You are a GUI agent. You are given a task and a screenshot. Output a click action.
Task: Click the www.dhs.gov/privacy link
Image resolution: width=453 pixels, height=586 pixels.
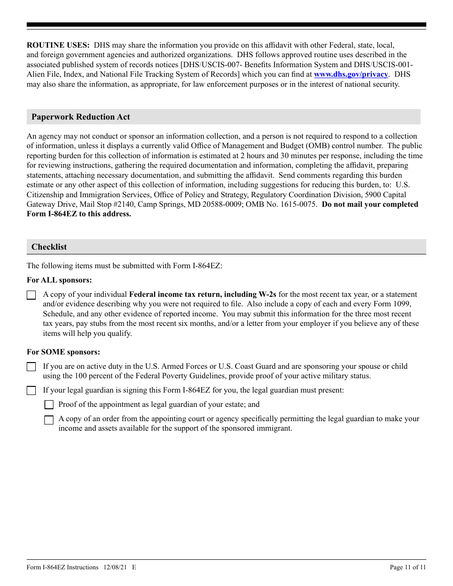coord(350,74)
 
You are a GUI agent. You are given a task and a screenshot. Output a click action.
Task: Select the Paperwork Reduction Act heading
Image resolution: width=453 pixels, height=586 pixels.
coord(81,117)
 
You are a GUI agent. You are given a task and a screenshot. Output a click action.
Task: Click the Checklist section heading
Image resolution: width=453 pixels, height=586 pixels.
coord(49,247)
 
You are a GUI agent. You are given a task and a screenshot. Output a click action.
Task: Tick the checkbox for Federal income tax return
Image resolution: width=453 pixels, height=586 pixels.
coord(31,295)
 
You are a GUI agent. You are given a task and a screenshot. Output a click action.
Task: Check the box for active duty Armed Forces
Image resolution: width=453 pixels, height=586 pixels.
coord(31,367)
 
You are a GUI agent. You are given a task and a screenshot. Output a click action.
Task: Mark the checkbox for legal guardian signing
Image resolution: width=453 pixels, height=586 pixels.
coord(31,391)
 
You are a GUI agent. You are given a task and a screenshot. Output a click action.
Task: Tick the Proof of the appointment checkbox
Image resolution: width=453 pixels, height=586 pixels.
coord(49,405)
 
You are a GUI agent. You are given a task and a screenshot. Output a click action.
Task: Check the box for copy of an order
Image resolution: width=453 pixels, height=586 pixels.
coord(49,420)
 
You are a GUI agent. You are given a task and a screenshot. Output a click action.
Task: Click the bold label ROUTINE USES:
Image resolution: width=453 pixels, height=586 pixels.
coord(58,45)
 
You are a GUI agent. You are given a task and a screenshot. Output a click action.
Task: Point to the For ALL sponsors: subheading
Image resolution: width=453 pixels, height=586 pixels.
coord(59,280)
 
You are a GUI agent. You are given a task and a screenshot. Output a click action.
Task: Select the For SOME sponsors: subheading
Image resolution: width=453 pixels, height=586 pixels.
coord(63,352)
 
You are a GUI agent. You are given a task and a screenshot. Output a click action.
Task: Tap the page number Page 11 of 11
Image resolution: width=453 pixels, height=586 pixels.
coord(408,567)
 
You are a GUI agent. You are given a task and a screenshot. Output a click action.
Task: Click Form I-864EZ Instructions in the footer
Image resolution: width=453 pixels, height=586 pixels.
coord(62,567)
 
